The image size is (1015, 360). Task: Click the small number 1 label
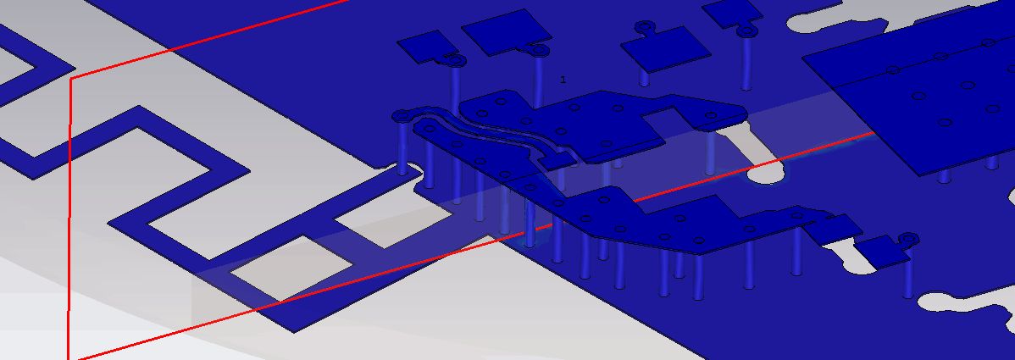563,80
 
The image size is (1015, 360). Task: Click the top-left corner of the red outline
70,78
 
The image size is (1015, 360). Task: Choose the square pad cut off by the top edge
731,13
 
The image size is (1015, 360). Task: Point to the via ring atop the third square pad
643,26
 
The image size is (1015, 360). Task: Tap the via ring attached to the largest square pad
539,49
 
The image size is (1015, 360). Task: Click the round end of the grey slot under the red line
767,173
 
